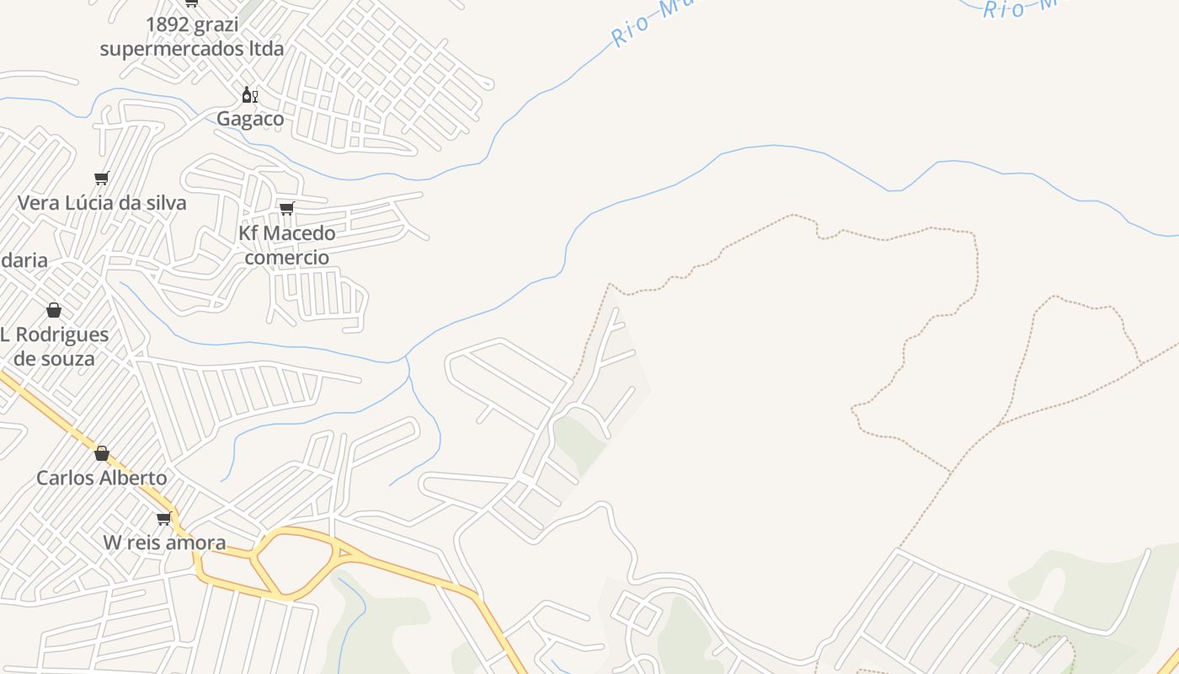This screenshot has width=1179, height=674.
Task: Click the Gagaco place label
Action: click(250, 119)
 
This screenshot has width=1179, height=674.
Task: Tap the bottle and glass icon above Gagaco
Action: click(249, 94)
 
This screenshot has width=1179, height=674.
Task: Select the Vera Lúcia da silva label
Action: click(102, 203)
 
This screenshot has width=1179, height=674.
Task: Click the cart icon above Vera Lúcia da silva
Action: click(102, 178)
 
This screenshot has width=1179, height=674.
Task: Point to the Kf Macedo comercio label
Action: click(287, 244)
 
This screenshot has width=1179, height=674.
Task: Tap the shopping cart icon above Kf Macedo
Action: click(287, 208)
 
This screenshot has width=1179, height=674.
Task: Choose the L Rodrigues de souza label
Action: click(55, 346)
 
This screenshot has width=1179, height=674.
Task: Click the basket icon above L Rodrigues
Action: click(54, 310)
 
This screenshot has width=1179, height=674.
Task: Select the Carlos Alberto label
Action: click(102, 478)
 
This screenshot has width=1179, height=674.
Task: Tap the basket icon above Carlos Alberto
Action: click(102, 453)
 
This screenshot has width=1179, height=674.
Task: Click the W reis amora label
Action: click(164, 543)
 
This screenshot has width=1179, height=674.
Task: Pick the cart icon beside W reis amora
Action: click(164, 518)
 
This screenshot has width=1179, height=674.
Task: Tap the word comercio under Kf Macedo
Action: click(287, 257)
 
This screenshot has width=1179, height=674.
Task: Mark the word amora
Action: click(199, 543)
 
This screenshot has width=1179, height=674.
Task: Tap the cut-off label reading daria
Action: click(24, 260)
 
